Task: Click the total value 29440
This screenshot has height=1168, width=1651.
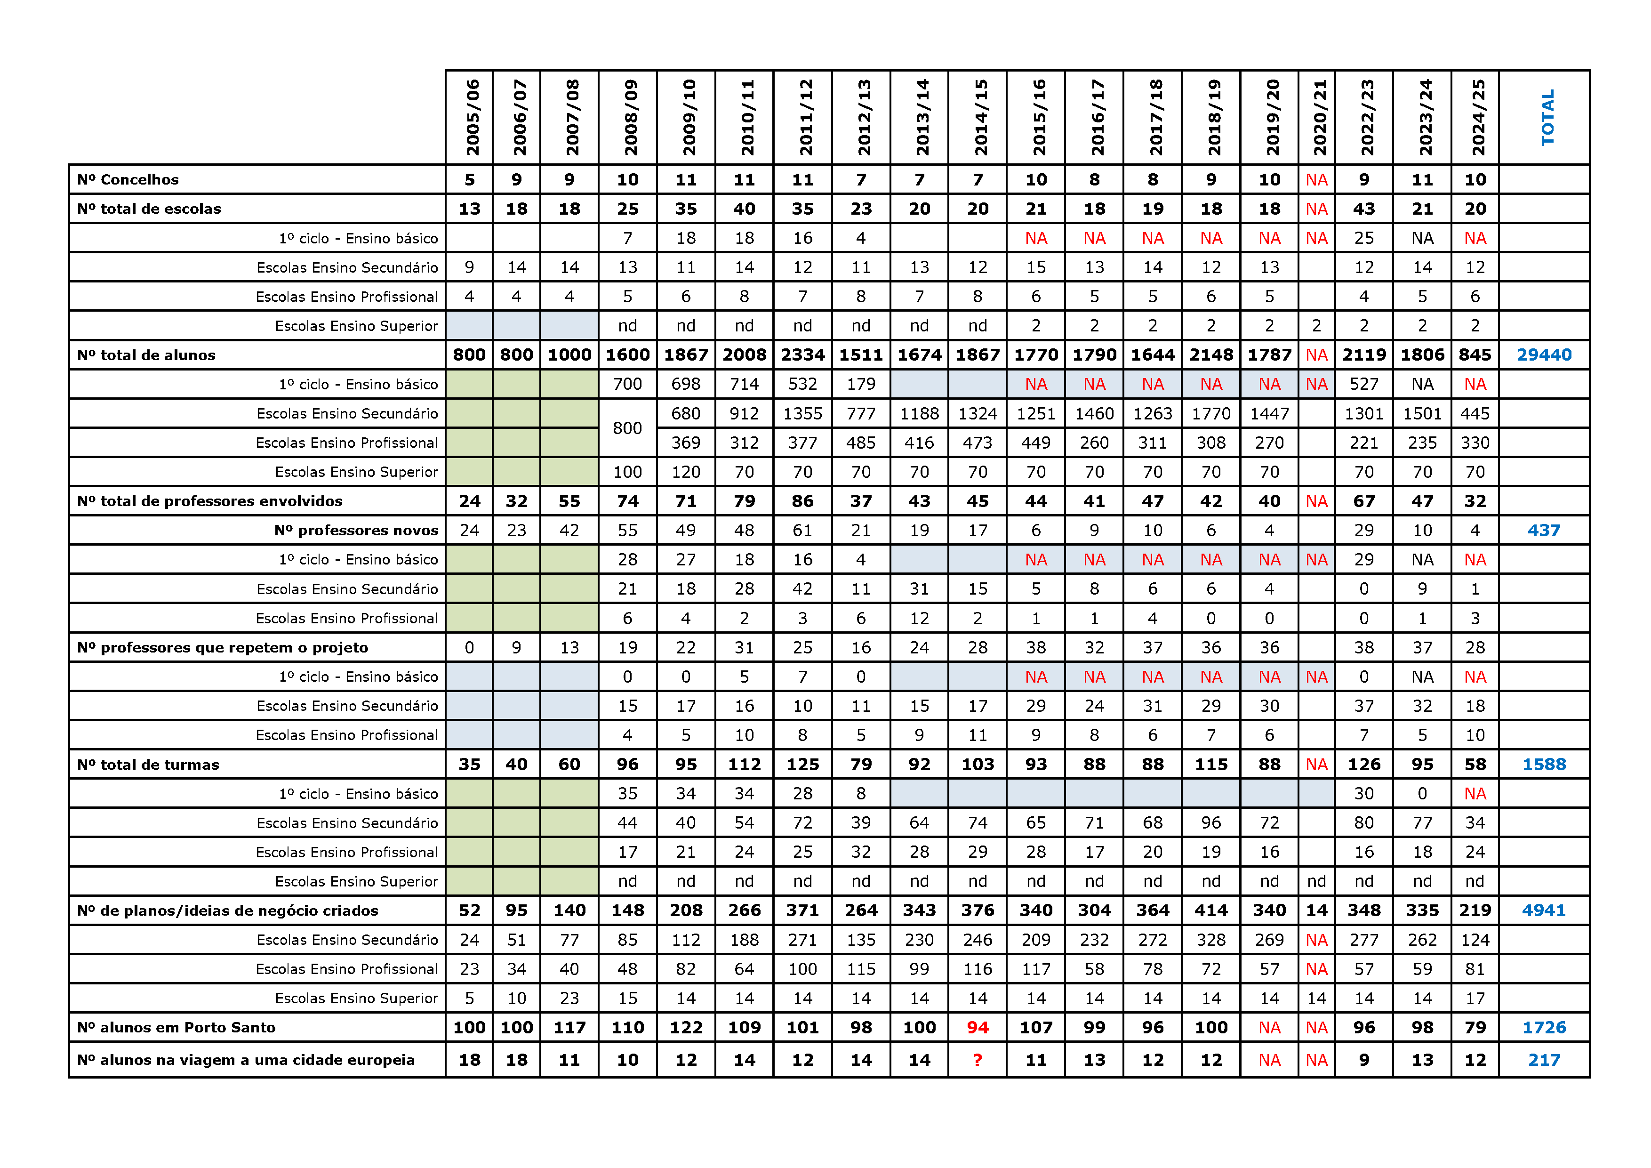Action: coord(1544,354)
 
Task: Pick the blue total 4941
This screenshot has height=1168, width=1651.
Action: coord(1543,910)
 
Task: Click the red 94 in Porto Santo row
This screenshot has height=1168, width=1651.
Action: coord(977,1028)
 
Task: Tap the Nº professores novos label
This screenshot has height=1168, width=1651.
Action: coord(356,531)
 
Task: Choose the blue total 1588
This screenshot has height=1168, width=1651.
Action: coord(1544,765)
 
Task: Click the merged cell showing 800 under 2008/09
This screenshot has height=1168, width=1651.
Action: coord(627,428)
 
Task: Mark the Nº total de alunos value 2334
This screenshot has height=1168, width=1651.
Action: coord(802,354)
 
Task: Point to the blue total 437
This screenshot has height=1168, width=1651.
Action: coord(1544,531)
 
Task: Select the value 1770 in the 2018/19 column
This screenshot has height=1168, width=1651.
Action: coord(1211,413)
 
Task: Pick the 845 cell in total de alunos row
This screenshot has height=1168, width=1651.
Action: coord(1475,354)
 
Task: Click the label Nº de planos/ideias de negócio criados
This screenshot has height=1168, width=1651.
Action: coord(227,910)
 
